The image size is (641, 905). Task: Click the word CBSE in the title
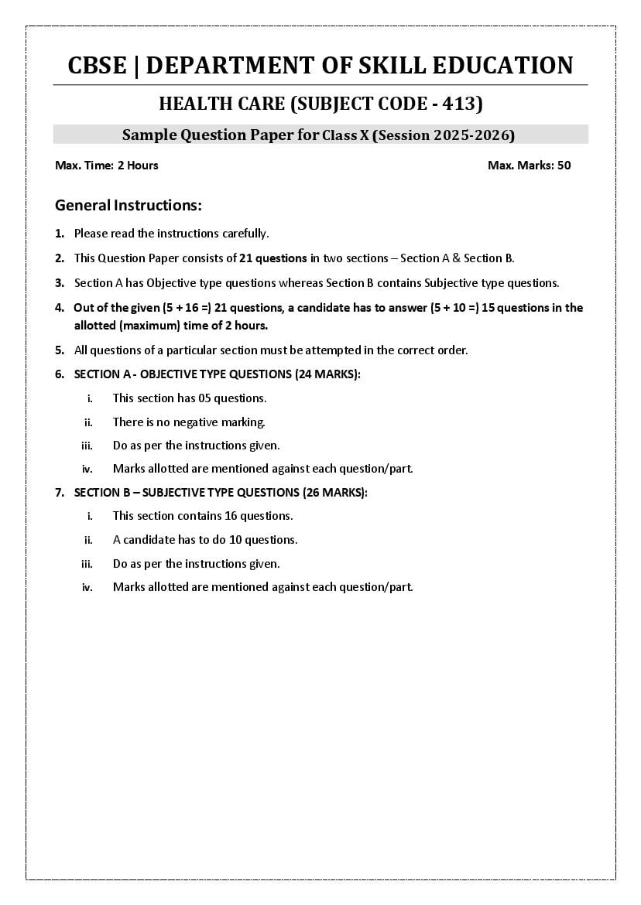coord(97,66)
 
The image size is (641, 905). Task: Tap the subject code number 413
coord(461,104)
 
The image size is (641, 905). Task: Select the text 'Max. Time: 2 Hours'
coord(107,165)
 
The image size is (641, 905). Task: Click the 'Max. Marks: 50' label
coord(530,165)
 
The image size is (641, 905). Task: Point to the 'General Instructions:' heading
coord(129,206)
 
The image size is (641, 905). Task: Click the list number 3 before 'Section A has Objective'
coord(59,283)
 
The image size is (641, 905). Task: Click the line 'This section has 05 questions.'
coord(190,398)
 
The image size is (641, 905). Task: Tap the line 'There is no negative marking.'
coord(189,422)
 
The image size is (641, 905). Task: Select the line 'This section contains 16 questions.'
coord(203,516)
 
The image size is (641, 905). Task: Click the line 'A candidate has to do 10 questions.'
coord(205,540)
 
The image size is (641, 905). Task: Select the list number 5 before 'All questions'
coord(59,350)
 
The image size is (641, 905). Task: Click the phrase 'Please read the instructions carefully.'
coord(171,233)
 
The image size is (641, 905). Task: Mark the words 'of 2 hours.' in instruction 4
coord(238,326)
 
